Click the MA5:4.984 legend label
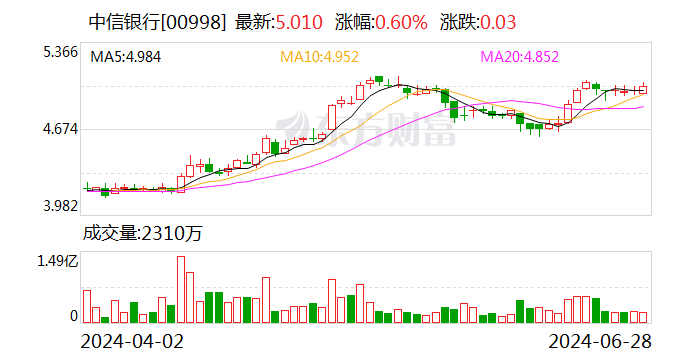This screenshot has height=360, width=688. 126,57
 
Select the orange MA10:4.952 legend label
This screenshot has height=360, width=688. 318,57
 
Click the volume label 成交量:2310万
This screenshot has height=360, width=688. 142,235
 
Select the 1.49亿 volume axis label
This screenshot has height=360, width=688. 57,262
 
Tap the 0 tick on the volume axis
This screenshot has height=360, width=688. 73,316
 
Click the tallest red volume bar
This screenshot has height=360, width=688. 181,289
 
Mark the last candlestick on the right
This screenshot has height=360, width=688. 644,90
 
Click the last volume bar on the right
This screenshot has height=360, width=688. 644,317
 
